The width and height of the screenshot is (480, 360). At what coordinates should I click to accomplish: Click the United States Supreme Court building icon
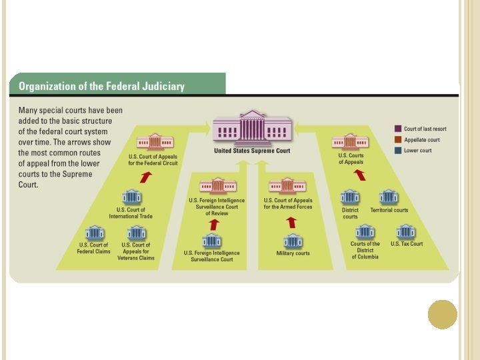pyautogui.click(x=252, y=127)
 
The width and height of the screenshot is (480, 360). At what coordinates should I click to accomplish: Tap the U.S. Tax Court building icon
pyautogui.click(x=405, y=231)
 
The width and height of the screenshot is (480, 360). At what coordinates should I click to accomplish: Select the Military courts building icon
pyautogui.click(x=292, y=241)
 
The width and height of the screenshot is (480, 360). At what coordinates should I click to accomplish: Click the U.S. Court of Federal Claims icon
pyautogui.click(x=95, y=233)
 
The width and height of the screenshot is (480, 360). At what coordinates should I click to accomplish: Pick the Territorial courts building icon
pyautogui.click(x=389, y=197)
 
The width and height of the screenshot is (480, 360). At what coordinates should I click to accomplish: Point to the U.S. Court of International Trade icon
pyautogui.click(x=131, y=197)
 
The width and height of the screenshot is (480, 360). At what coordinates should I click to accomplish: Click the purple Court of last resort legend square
pyautogui.click(x=397, y=129)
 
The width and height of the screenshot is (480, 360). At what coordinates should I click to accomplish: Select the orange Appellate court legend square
pyautogui.click(x=397, y=140)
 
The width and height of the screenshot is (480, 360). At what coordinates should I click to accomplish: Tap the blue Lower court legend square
pyautogui.click(x=397, y=151)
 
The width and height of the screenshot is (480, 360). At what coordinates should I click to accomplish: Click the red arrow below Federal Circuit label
pyautogui.click(x=146, y=177)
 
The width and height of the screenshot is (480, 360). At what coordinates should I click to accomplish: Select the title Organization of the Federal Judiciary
pyautogui.click(x=101, y=87)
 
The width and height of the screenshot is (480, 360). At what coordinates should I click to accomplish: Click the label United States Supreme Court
pyautogui.click(x=252, y=151)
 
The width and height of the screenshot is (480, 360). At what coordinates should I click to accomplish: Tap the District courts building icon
pyautogui.click(x=350, y=197)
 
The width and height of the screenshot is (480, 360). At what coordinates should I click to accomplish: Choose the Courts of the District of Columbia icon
pyautogui.click(x=365, y=231)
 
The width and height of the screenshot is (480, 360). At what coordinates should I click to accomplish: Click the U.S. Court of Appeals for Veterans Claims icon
pyautogui.click(x=137, y=233)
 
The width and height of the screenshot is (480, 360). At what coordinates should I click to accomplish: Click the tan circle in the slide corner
pyautogui.click(x=442, y=315)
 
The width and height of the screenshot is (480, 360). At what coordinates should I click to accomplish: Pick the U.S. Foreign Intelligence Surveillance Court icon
pyautogui.click(x=212, y=241)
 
